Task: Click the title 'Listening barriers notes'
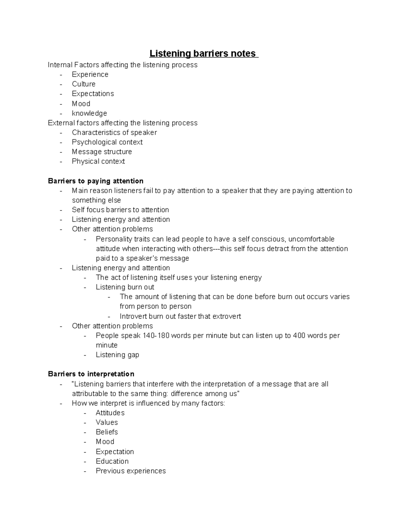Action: point(203,54)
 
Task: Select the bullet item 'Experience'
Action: point(90,74)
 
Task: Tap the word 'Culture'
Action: point(84,84)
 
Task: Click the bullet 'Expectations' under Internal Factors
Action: point(93,93)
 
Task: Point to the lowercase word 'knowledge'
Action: point(89,113)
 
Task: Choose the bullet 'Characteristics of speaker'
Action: point(114,132)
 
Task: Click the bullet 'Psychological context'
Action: point(107,142)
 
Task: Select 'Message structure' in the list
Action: point(102,152)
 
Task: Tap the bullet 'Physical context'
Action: point(98,161)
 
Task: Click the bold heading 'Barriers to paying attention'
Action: point(96,181)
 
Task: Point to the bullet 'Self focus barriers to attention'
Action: point(120,210)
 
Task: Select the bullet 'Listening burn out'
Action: point(125,287)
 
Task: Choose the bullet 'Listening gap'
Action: point(117,355)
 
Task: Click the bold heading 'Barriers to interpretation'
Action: point(91,374)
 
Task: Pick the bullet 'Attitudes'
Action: point(110,413)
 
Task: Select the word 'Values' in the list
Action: point(107,422)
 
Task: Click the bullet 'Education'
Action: point(112,461)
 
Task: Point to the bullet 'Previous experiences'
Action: point(131,471)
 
